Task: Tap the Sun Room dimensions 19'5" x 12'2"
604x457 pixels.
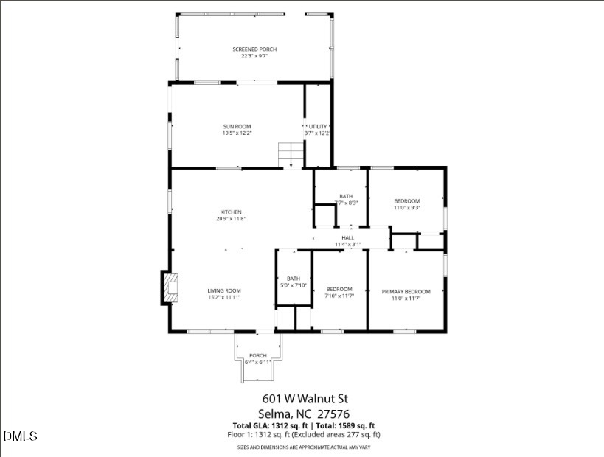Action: pyautogui.click(x=237, y=133)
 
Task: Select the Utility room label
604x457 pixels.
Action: pyautogui.click(x=318, y=127)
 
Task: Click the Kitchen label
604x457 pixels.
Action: pyautogui.click(x=230, y=212)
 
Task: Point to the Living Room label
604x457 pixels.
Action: pyautogui.click(x=224, y=290)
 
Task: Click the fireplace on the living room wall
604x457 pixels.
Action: pyautogui.click(x=169, y=288)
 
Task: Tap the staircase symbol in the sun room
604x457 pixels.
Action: pyautogui.click(x=291, y=156)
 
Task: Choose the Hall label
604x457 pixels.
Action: pyautogui.click(x=347, y=237)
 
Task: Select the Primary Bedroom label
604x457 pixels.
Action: pyautogui.click(x=406, y=292)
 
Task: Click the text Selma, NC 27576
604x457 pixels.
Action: pyautogui.click(x=304, y=414)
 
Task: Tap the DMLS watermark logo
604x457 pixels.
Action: pyautogui.click(x=20, y=436)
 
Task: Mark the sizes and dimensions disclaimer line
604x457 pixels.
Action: pyautogui.click(x=303, y=447)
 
